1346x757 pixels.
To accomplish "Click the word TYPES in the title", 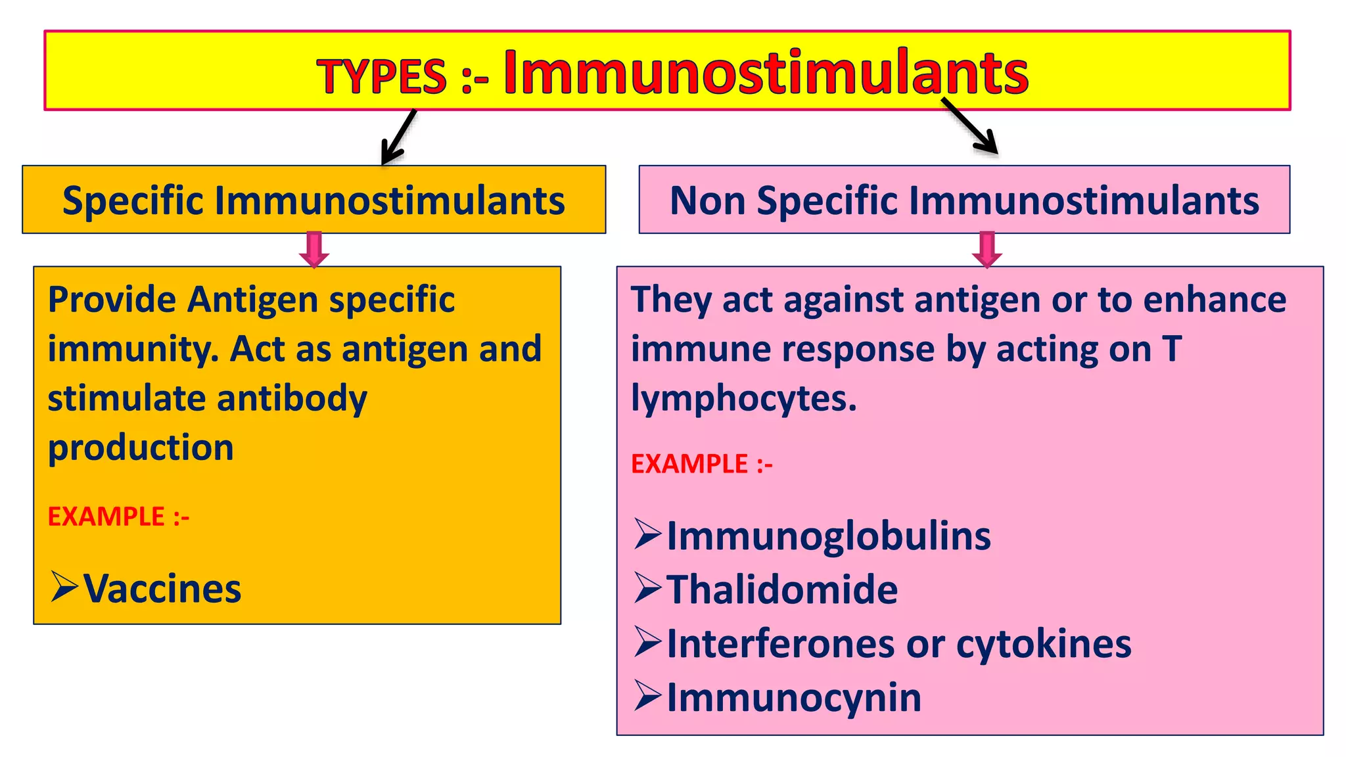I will pyautogui.click(x=382, y=77).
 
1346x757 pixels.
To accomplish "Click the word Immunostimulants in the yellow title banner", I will pyautogui.click(x=766, y=74).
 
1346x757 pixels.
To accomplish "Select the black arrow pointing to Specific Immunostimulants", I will pyautogui.click(x=398, y=137).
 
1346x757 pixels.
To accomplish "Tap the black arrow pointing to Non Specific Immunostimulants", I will pyautogui.click(x=970, y=126).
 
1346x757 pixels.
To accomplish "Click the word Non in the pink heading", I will pyautogui.click(x=707, y=200).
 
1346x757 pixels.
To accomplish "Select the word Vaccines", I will pyautogui.click(x=162, y=589).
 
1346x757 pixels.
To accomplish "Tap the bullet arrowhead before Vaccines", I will pyautogui.click(x=64, y=587).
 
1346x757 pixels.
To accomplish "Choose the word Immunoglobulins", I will pyautogui.click(x=829, y=536).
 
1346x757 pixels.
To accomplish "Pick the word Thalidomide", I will pyautogui.click(x=782, y=589).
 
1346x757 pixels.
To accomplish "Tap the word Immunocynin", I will pyautogui.click(x=794, y=697).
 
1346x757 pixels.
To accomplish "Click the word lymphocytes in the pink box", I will pyautogui.click(x=743, y=399).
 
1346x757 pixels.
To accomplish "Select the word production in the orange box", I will pyautogui.click(x=141, y=448).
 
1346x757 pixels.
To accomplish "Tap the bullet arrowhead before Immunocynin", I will pyautogui.click(x=647, y=696).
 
